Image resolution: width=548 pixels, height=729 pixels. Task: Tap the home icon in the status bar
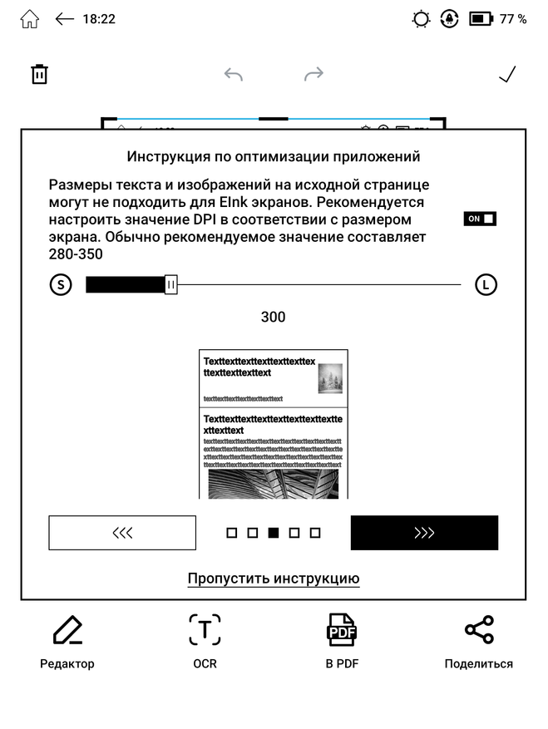[29, 19]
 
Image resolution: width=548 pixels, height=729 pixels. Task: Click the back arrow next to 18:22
[65, 19]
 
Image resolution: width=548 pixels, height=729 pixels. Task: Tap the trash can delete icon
[39, 74]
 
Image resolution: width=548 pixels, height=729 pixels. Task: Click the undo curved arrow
[234, 75]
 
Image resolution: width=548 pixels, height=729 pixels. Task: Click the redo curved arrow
[313, 75]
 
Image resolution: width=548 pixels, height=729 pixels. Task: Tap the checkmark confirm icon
[507, 75]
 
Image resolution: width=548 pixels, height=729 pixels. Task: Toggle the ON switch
[481, 219]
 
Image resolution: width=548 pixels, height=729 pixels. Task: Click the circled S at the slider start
[60, 285]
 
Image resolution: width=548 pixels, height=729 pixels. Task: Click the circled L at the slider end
[486, 285]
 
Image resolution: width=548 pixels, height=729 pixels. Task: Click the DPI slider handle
[170, 285]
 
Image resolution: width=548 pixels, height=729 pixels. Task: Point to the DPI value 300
[273, 317]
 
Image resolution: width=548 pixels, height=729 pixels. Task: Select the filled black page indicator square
[274, 533]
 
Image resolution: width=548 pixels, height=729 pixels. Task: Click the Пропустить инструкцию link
[274, 579]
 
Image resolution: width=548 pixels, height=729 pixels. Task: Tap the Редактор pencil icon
[67, 631]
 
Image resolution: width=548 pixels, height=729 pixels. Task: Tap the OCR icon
[205, 631]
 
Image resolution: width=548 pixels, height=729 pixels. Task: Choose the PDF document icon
[341, 631]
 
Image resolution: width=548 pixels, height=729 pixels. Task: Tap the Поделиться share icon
[479, 631]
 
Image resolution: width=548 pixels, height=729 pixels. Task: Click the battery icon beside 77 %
[481, 19]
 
